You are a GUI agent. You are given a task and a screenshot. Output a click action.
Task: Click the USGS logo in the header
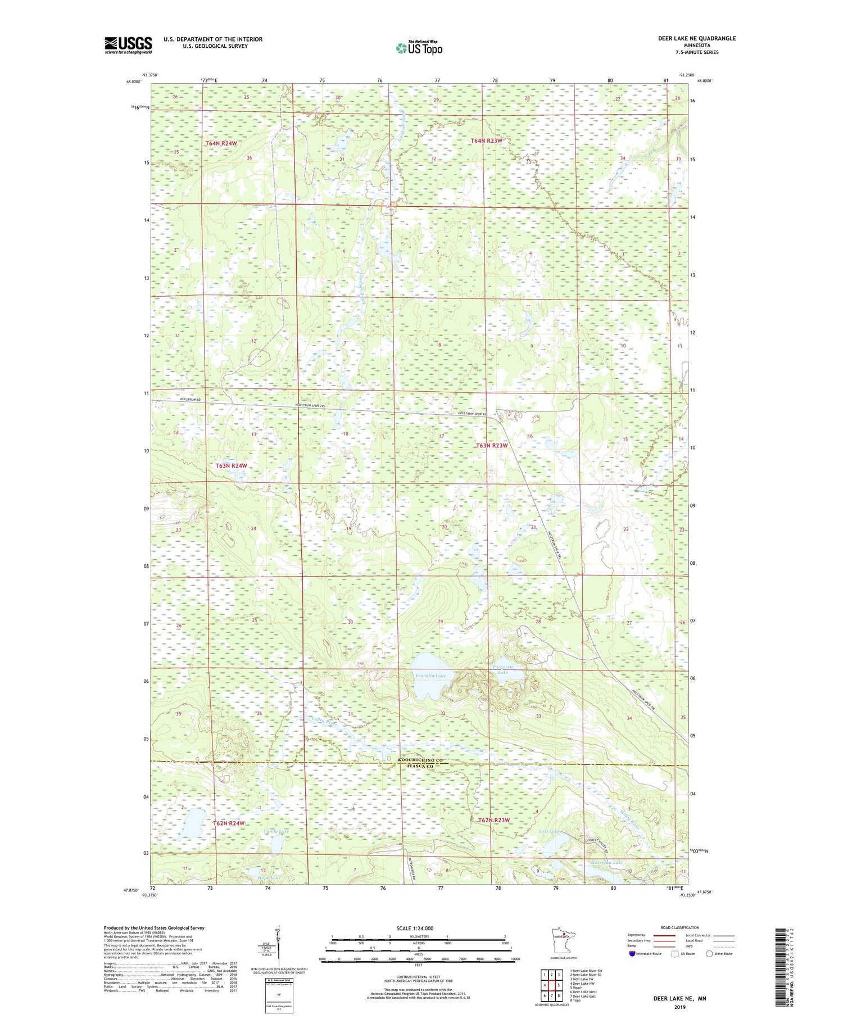point(128,45)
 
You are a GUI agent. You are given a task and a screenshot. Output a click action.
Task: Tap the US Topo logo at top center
point(419,48)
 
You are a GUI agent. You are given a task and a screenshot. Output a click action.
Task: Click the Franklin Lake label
point(430,676)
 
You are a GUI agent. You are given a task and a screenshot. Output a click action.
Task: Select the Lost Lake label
point(549,831)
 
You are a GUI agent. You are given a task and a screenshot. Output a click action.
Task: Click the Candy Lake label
point(276,831)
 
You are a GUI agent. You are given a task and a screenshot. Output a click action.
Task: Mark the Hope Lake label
point(269,877)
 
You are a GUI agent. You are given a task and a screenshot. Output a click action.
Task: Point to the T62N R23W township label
point(494,820)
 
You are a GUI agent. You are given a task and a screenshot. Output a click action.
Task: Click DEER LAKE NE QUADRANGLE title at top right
point(696,38)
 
